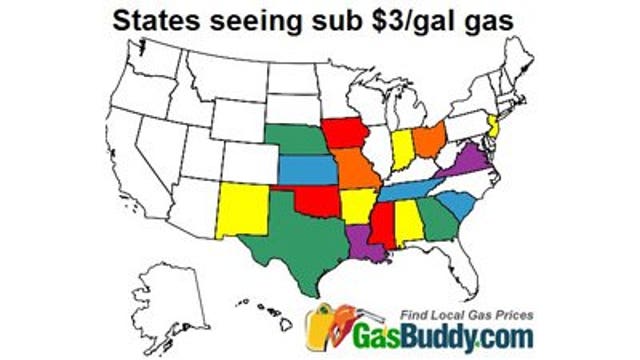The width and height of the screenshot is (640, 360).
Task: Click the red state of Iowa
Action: coord(343,133)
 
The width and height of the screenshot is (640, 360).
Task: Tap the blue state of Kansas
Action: coord(306,170)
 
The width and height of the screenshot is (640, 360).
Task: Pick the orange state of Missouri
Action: coord(356,171)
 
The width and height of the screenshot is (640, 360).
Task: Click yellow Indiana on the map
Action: coord(403,151)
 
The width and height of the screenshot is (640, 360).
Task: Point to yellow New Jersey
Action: coord(493,126)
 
